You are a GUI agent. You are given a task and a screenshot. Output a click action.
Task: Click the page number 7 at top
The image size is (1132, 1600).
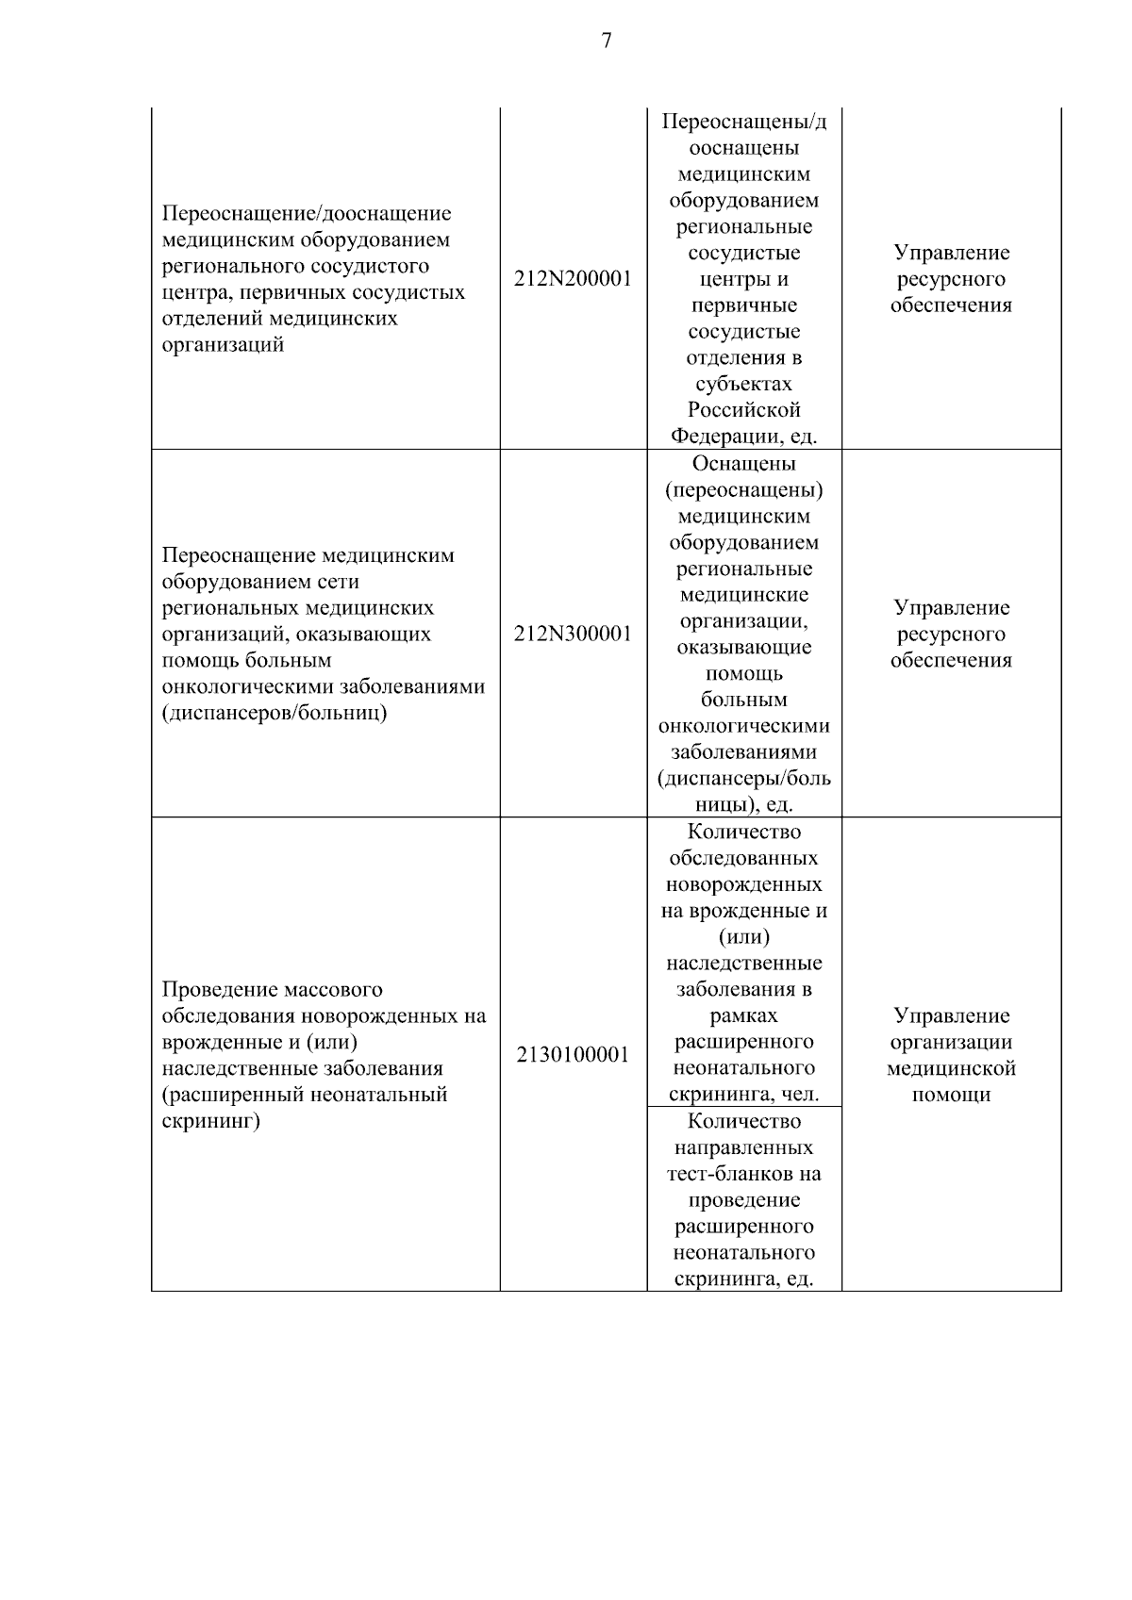pos(606,41)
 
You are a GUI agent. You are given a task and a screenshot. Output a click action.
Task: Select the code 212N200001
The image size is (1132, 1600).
pos(573,279)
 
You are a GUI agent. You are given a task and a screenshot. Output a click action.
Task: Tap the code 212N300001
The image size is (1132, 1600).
pos(573,634)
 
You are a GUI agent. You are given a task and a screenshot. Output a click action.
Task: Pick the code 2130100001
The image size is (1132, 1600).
pos(573,1055)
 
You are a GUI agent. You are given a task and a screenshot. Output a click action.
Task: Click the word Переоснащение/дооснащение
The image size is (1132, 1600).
pos(307,213)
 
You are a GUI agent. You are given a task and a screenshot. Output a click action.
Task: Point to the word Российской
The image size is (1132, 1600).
pos(743,410)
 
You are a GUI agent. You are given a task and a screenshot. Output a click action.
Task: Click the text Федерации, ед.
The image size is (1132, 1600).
pos(743,437)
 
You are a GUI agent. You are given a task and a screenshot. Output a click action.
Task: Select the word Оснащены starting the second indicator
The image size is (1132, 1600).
pos(743,464)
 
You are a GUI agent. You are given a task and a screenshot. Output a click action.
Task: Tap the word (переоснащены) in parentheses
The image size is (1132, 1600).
pos(743,490)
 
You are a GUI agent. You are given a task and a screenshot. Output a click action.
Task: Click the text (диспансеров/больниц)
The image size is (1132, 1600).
pos(275,713)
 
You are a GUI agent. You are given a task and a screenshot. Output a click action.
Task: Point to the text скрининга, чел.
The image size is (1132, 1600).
pos(743,1095)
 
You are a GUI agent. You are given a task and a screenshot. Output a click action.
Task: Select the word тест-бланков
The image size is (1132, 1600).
pos(743,1174)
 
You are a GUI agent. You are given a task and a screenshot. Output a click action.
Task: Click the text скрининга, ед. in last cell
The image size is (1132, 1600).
pos(743,1279)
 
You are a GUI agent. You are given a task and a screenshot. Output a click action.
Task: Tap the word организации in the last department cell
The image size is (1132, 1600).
pos(951,1043)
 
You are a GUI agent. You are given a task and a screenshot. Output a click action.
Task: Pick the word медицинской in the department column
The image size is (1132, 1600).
pos(951,1069)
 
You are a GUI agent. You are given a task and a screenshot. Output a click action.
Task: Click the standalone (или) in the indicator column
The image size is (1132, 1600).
pos(743,937)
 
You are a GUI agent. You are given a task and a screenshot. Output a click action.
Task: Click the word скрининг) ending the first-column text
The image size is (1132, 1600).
pos(210,1122)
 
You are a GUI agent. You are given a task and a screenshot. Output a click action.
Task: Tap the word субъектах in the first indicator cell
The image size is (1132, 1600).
pos(743,384)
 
